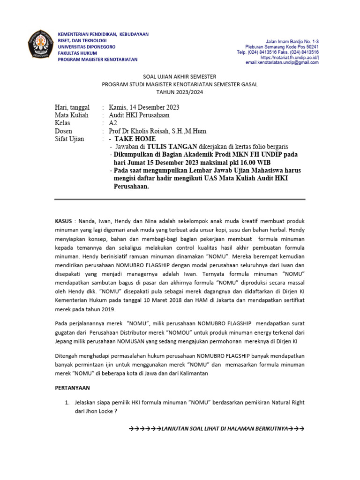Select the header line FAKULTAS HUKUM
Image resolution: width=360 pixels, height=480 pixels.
[77, 53]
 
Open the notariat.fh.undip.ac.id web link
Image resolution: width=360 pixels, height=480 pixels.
[290, 57]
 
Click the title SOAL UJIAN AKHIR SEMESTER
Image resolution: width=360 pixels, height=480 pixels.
[180, 76]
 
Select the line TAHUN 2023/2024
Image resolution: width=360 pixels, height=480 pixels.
[180, 92]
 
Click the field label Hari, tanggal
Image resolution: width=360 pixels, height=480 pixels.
[72, 107]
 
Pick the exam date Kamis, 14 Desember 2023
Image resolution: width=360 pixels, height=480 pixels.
[144, 107]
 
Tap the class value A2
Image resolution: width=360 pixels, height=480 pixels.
[113, 123]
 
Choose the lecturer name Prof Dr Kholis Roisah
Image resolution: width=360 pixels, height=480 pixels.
[157, 131]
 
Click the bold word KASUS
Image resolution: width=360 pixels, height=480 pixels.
[63, 221]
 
